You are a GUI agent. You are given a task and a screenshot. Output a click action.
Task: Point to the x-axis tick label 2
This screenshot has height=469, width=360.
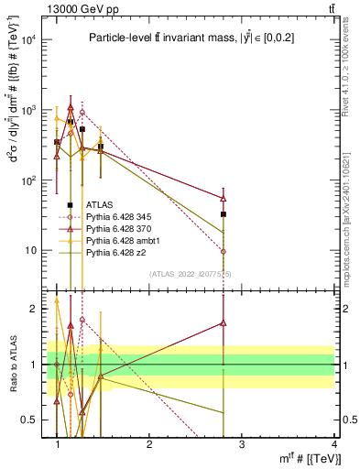tap(149, 445)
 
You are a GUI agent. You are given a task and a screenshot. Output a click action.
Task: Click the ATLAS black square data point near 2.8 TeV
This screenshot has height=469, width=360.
tap(224, 213)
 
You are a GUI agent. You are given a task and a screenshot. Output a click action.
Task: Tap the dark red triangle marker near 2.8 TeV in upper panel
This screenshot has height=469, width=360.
tap(224, 198)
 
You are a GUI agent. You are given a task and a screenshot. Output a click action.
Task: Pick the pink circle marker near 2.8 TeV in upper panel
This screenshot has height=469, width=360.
tap(224, 251)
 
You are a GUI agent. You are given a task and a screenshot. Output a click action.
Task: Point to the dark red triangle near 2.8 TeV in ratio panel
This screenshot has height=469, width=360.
tap(224, 322)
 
